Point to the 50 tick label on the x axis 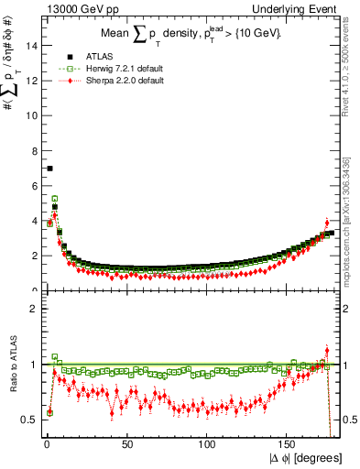coord(126,446)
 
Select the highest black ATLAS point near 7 coord(49,169)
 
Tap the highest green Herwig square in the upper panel coord(55,198)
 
